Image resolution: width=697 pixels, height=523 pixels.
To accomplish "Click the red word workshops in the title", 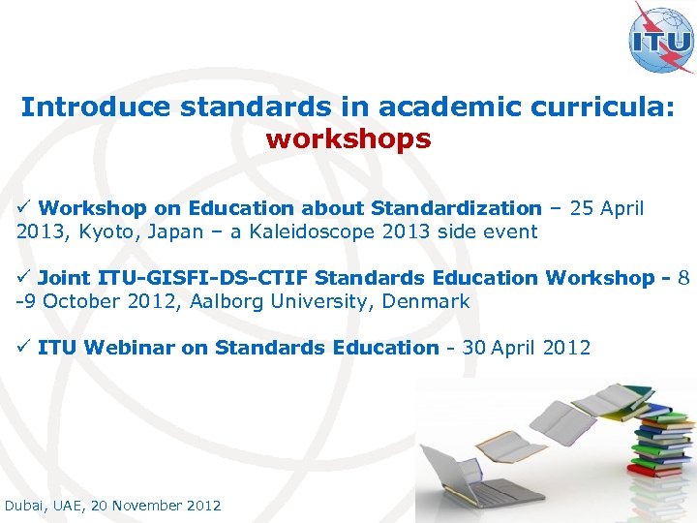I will click(x=348, y=138).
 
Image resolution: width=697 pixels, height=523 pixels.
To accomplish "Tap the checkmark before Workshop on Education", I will click(x=25, y=208).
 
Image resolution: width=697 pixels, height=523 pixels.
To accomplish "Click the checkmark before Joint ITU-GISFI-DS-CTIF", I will click(x=25, y=278).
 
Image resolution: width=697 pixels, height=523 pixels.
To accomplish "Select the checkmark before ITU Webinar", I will click(x=25, y=348).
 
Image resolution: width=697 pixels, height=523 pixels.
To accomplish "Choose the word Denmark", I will click(x=425, y=301).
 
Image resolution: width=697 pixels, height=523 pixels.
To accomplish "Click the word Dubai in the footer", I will click(x=26, y=506).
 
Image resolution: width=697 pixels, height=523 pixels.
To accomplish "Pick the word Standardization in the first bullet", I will click(x=456, y=208).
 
